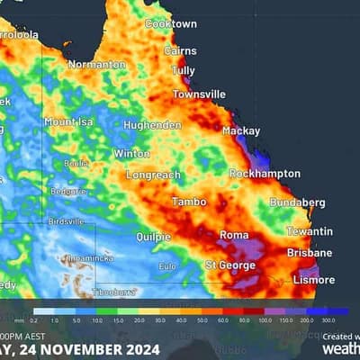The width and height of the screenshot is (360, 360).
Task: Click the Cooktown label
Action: click(171, 23)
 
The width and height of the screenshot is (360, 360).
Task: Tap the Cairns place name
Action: click(180, 51)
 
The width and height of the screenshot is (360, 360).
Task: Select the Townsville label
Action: click(199, 94)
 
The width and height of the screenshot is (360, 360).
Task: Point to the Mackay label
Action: click(240, 130)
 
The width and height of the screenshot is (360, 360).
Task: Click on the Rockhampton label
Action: click(264, 173)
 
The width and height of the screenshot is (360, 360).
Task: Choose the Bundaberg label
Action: click(297, 202)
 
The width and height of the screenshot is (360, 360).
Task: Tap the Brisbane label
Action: click(309, 253)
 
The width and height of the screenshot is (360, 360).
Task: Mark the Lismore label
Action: click(312, 280)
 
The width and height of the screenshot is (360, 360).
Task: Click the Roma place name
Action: click(233, 236)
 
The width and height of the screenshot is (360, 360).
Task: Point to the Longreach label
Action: click(153, 175)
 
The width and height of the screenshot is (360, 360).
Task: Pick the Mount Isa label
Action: click(69, 121)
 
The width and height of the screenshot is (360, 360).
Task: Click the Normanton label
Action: click(96, 65)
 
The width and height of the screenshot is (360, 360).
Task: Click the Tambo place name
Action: click(189, 202)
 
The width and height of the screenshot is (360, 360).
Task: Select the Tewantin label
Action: click(309, 231)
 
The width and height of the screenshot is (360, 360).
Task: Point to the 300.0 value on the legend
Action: click(328, 320)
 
